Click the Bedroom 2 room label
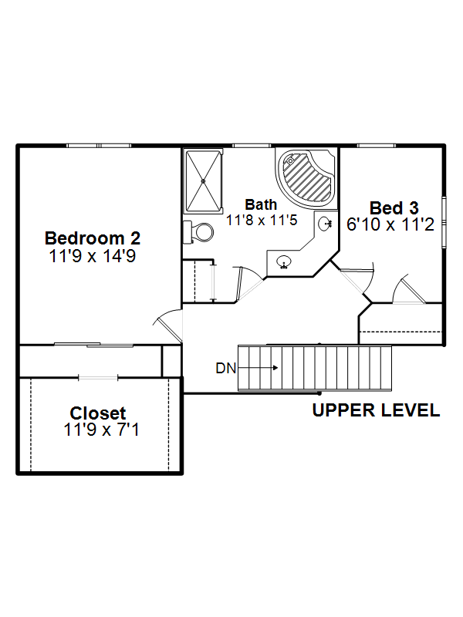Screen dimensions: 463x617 [x=93, y=238]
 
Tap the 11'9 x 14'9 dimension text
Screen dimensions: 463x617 [x=93, y=256]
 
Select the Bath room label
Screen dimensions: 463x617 [x=261, y=204]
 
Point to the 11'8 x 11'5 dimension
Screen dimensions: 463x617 [x=262, y=220]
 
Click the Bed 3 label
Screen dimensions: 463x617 [x=394, y=208]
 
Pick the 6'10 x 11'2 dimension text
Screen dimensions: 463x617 [x=390, y=224]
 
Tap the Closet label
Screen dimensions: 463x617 [x=98, y=413]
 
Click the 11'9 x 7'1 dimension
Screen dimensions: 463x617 [x=102, y=430]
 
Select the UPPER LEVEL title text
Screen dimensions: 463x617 [x=376, y=410]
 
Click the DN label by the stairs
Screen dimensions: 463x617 [x=225, y=369]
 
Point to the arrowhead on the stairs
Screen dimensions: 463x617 [x=275, y=368]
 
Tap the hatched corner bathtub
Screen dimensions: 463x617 [x=307, y=179]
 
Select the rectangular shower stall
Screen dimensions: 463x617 [x=203, y=181]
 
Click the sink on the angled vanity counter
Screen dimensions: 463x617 [x=283, y=261]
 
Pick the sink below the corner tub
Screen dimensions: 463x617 [x=325, y=224]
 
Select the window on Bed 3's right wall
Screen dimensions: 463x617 [x=444, y=222]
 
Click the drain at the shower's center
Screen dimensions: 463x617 [x=203, y=181]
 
